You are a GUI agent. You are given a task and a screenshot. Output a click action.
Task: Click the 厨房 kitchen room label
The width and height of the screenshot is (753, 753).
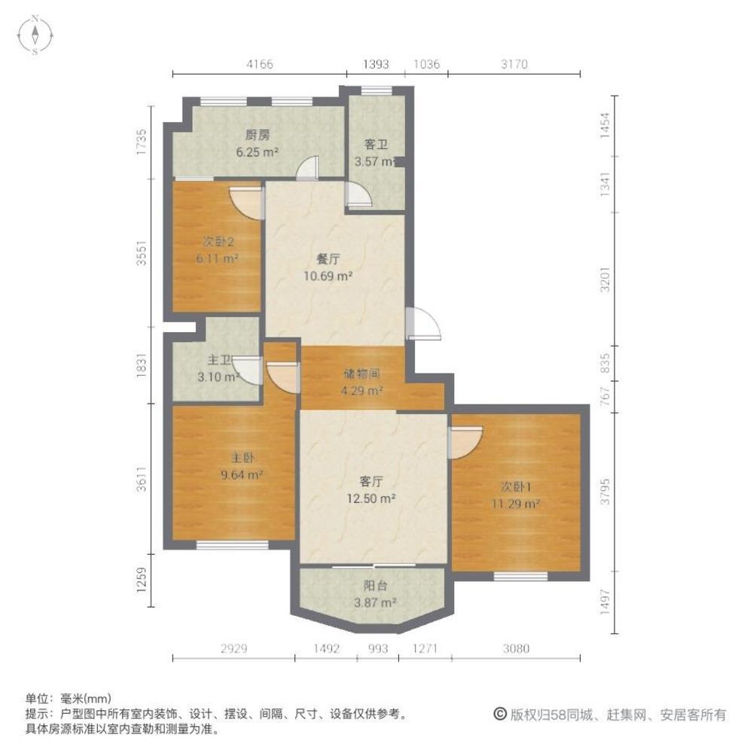point(258,136)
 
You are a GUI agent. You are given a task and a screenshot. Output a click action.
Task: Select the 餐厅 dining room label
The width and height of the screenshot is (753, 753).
point(328,259)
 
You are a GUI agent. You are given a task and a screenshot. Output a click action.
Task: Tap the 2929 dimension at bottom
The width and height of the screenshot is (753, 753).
point(233,648)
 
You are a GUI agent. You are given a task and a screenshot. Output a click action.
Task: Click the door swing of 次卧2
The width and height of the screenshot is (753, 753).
point(246,201)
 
